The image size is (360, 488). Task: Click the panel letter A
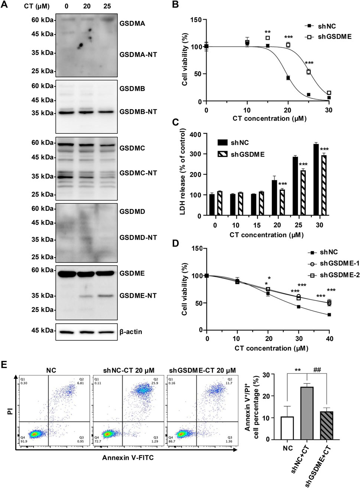pos(5,5)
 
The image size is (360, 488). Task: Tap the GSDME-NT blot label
pos(138,296)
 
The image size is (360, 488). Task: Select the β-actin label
pos(131,332)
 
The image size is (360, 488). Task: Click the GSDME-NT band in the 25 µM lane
pos(106,296)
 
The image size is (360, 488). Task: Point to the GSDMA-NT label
pos(138,55)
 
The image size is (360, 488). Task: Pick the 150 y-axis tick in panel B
pos(196,20)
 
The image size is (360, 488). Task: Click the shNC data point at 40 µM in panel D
pos(329,314)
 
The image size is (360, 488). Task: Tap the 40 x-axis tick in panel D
pos(330,339)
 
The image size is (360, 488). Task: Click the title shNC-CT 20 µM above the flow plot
pos(129,371)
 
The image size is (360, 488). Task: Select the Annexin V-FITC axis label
pos(128,458)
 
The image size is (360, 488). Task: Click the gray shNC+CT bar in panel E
pos(307,413)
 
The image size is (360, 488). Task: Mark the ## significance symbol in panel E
pos(317,370)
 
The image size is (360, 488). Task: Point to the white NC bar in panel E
pos(288,428)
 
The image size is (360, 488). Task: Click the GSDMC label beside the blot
pos(132,148)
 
